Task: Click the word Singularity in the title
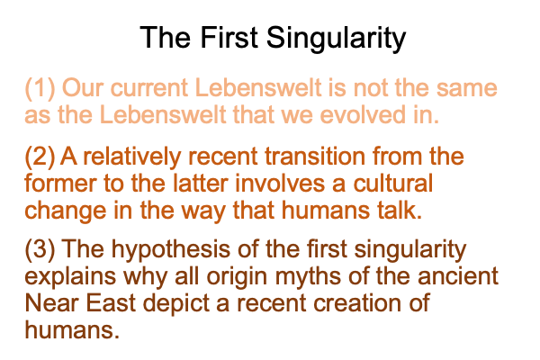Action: coord(336,40)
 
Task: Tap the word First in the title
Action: coord(229,37)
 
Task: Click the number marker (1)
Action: coord(40,88)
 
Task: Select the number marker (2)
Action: coord(40,157)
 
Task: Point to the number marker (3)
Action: coord(40,249)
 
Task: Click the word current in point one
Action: coord(149,88)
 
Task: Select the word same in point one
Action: coord(466,89)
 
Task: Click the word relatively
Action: coord(132,157)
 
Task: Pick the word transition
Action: coord(315,156)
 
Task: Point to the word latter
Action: coord(201,184)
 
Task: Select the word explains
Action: coord(70,276)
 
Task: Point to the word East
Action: coord(110,303)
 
